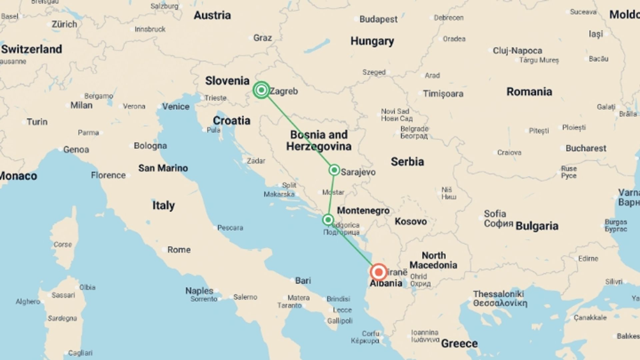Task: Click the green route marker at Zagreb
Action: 261,90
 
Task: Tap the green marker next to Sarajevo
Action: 334,170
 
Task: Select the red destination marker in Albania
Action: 378,272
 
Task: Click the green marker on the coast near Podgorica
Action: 328,220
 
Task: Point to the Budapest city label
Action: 378,19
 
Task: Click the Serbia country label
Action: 407,162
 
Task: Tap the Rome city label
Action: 179,250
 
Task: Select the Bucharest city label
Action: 586,148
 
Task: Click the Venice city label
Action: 176,107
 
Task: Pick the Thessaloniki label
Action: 499,294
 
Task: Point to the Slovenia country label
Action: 227,81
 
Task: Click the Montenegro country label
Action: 363,211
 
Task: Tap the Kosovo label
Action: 411,221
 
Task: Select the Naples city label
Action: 199,291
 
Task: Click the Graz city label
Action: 263,38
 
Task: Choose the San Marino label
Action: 163,168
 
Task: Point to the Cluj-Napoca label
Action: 517,51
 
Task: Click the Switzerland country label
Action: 32,49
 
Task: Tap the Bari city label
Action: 303,281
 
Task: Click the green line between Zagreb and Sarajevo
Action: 298,130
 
